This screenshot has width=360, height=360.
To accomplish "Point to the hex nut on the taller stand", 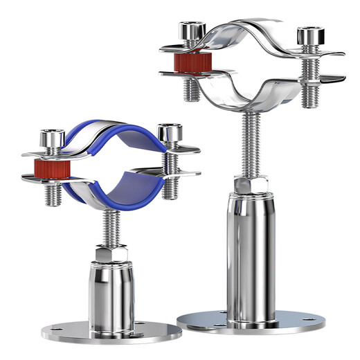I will [x=249, y=186].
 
